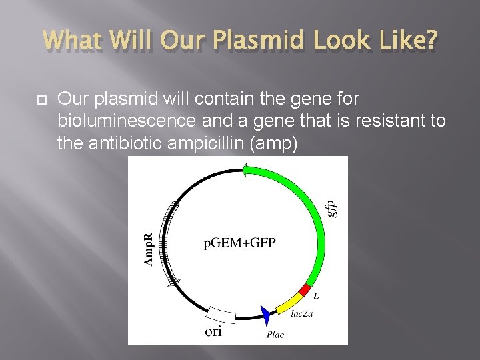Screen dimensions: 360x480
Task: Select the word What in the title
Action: tap(71, 41)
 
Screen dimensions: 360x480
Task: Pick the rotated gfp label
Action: tap(333, 203)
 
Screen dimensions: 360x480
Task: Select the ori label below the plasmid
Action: tap(213, 331)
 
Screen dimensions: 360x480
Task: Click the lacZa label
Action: tap(302, 313)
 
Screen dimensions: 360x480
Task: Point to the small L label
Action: tap(316, 295)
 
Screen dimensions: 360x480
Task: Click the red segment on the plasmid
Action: tap(305, 289)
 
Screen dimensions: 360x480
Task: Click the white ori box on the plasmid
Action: tap(222, 313)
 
